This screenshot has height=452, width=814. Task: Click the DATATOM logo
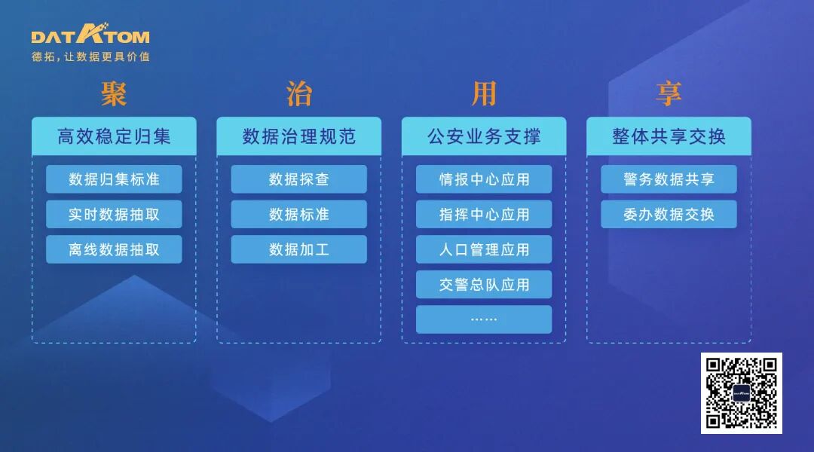pos(90,35)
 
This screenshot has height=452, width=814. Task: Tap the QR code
pos(742,392)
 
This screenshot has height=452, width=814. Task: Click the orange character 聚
pos(114,94)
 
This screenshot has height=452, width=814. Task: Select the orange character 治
pos(299,94)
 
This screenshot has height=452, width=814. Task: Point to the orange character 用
pos(484,94)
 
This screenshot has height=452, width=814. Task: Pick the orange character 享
pos(669,94)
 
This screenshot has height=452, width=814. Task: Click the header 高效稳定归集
pos(114,136)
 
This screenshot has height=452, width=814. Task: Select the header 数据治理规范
pos(299,136)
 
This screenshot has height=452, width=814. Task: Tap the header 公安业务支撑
pos(484,136)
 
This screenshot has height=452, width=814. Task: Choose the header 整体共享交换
pos(669,136)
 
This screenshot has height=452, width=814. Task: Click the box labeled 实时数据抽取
pos(114,214)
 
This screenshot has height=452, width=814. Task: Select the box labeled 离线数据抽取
pos(114,249)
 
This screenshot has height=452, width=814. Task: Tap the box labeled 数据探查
pos(299,179)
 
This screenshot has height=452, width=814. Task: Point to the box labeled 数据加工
pos(299,249)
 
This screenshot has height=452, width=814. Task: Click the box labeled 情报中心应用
pos(484,179)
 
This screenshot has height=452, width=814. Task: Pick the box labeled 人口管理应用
pos(484,249)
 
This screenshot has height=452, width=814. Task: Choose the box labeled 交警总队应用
pos(484,285)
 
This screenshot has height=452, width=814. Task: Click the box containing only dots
pos(484,319)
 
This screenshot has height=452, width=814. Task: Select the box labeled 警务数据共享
pos(669,179)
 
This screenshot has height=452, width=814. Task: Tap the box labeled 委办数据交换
pos(669,214)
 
